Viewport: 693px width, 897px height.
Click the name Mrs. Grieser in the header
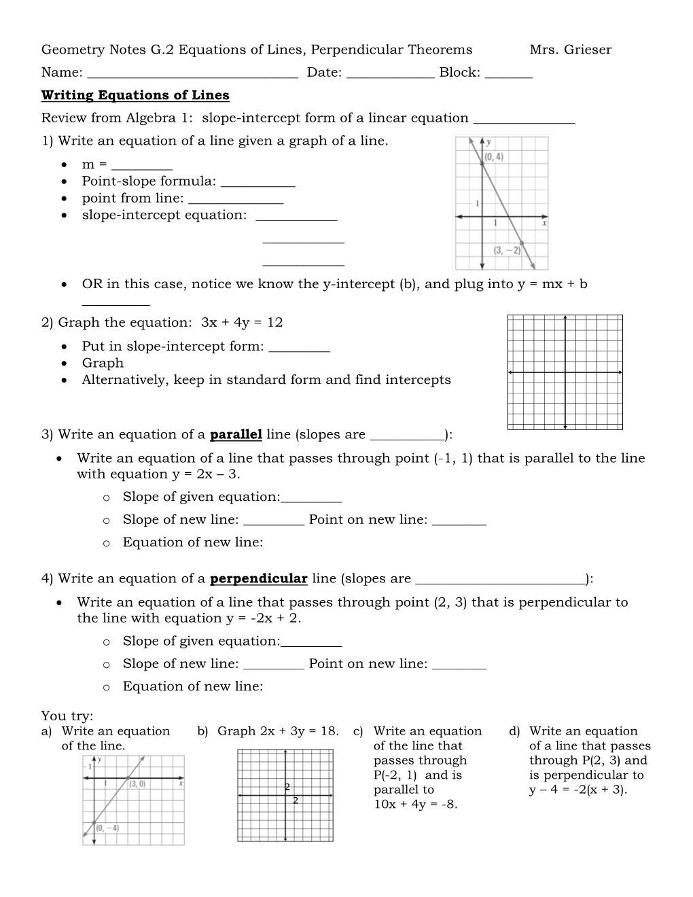[570, 50]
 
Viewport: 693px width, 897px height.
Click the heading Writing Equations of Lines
[135, 95]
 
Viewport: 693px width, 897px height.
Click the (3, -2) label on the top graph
[507, 250]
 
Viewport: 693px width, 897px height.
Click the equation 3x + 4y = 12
[242, 322]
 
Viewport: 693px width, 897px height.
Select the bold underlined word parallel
[236, 434]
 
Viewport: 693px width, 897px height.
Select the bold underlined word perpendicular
[258, 578]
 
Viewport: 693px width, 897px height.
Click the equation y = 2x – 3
[205, 474]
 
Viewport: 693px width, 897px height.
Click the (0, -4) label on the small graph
[107, 828]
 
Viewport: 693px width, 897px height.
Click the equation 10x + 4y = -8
[415, 805]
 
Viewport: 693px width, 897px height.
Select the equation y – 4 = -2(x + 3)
[577, 790]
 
